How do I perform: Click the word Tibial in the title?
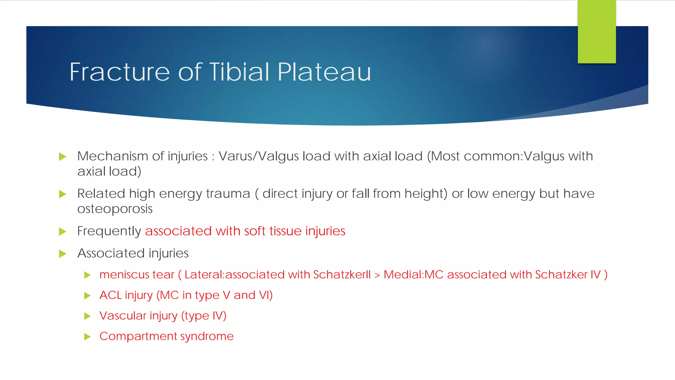[239, 72]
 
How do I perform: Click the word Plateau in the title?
[324, 72]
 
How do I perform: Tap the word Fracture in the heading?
[120, 72]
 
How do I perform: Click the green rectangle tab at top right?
[597, 32]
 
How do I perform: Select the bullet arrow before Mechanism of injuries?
[62, 157]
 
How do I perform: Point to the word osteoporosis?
[115, 209]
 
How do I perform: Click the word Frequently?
[109, 231]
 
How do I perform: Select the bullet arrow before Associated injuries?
[62, 254]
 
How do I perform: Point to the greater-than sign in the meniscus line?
[377, 275]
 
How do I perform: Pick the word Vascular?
[123, 316]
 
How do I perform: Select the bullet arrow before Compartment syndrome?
[87, 337]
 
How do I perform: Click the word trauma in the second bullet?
[228, 194]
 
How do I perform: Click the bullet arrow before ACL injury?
[87, 296]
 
